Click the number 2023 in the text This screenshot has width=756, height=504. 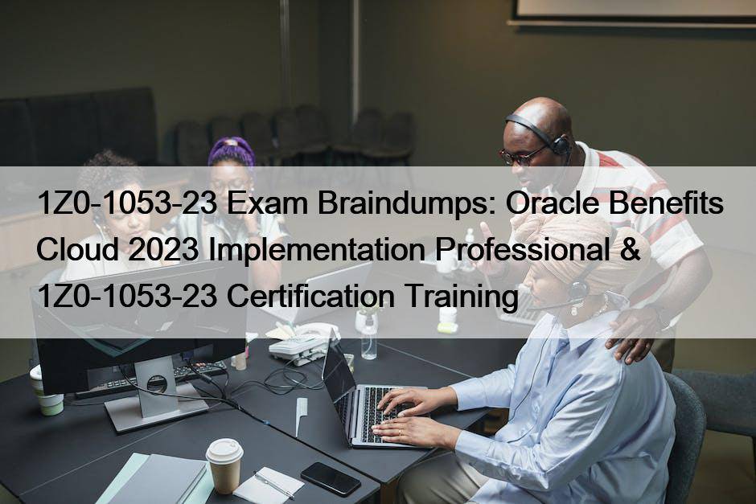tap(163, 250)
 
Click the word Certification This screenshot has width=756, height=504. tap(310, 296)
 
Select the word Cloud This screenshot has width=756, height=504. tap(78, 250)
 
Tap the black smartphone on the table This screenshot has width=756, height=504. tap(331, 478)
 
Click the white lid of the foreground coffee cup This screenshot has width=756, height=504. tap(224, 450)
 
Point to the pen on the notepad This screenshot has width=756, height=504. tap(274, 484)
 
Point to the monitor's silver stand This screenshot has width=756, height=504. tap(155, 395)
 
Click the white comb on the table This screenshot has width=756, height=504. tap(301, 416)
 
